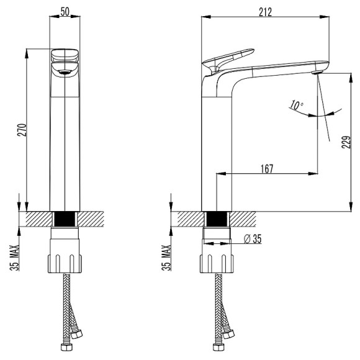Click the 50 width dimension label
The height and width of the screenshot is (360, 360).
tap(65, 11)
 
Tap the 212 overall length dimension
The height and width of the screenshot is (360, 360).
tap(265, 12)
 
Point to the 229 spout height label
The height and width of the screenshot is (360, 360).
tap(346, 142)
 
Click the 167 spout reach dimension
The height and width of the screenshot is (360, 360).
tap(267, 169)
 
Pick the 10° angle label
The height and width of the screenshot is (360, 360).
tap(296, 105)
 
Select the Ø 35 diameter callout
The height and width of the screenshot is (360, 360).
tap(253, 239)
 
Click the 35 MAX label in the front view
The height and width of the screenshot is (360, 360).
tap(14, 258)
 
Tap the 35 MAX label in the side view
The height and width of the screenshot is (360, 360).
tap(166, 258)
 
